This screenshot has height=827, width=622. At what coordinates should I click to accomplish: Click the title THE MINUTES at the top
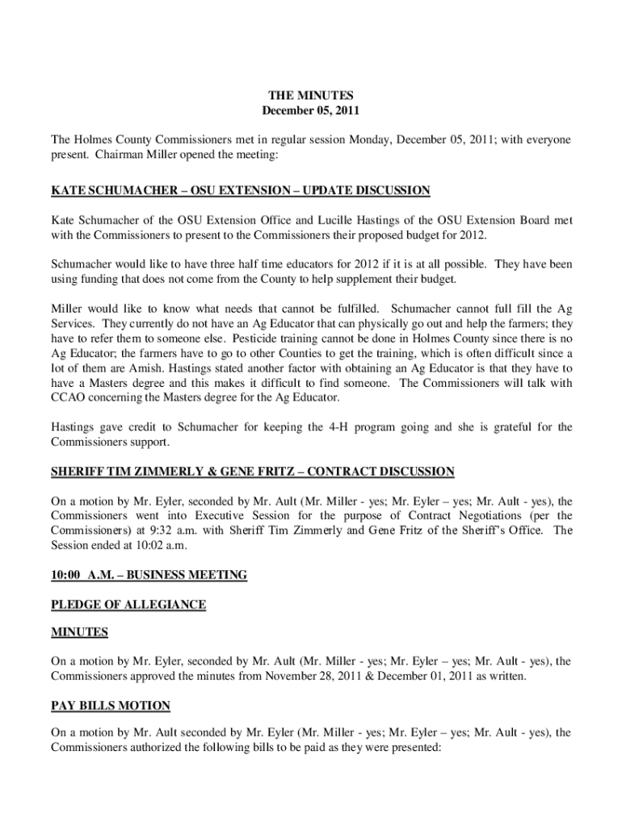click(311, 95)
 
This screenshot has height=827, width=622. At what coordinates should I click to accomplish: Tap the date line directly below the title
click(311, 110)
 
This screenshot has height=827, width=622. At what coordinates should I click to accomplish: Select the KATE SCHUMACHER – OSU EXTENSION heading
click(241, 191)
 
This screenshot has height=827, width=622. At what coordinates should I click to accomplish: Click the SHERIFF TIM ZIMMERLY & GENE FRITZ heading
click(253, 471)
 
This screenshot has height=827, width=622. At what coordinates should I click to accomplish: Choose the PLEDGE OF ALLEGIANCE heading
click(128, 604)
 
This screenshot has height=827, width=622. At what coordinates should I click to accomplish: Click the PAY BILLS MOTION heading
click(111, 706)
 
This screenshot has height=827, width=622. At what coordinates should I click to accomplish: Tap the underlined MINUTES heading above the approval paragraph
click(80, 632)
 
